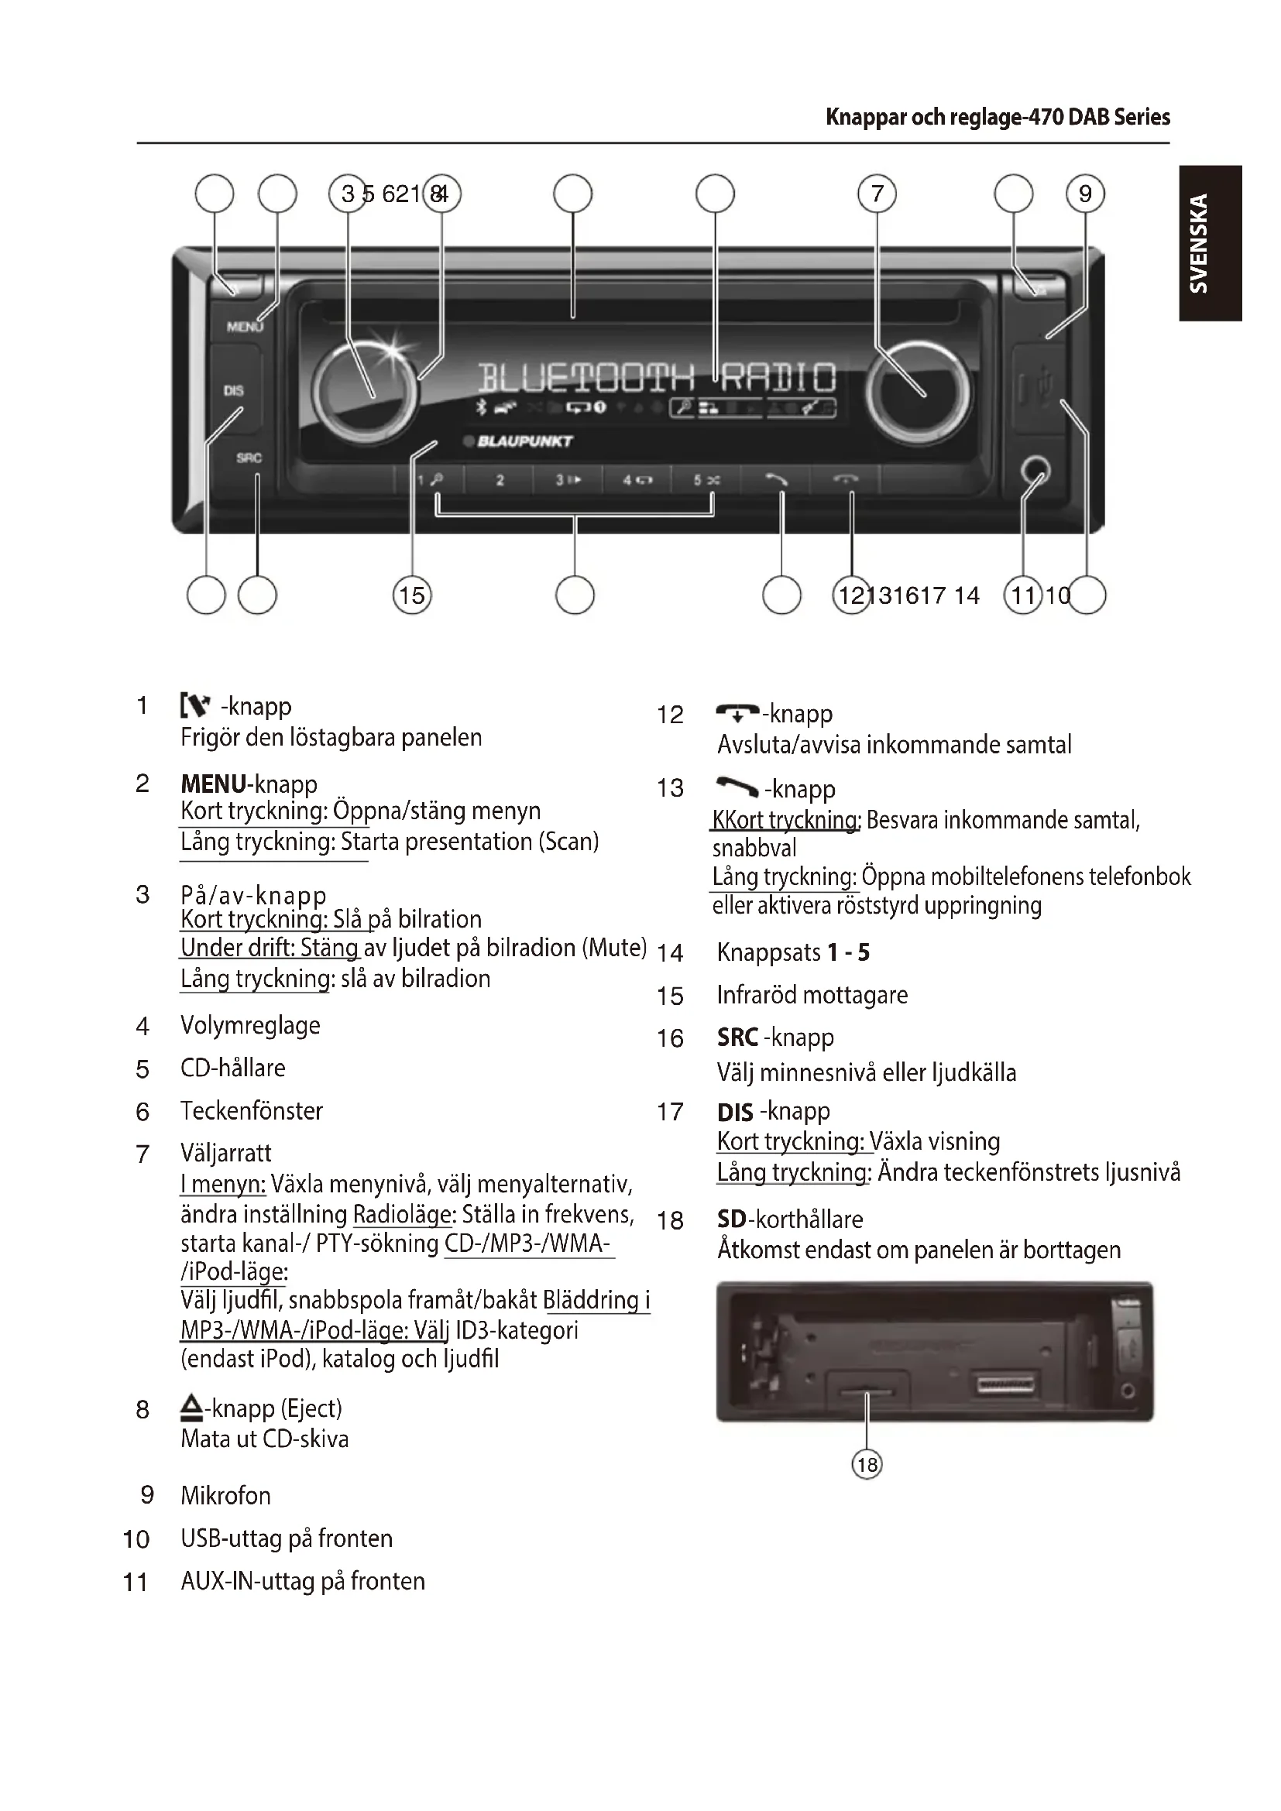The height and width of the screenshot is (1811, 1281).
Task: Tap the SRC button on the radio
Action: coord(249,458)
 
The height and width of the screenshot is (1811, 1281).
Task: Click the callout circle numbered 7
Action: coord(877,194)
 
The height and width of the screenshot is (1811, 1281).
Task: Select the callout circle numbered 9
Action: coord(1085,194)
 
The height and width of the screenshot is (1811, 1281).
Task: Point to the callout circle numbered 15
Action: coord(412,595)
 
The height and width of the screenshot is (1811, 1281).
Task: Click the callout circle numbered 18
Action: coord(867,1465)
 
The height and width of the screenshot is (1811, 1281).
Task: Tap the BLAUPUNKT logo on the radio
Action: coord(524,441)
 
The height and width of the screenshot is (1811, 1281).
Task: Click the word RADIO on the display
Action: coord(777,379)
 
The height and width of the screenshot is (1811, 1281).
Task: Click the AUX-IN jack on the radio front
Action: coord(1034,472)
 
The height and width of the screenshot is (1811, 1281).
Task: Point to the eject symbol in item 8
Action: coord(191,1406)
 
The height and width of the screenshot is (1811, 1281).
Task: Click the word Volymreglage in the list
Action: coord(250,1025)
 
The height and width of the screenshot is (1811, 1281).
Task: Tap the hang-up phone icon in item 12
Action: coord(737,713)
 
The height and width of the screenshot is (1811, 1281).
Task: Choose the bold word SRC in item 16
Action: coord(737,1038)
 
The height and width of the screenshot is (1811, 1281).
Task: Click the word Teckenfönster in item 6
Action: coord(252,1110)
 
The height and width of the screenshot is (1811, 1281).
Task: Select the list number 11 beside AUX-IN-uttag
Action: coord(136,1583)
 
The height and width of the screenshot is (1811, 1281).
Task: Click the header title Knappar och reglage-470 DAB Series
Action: coord(997,118)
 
